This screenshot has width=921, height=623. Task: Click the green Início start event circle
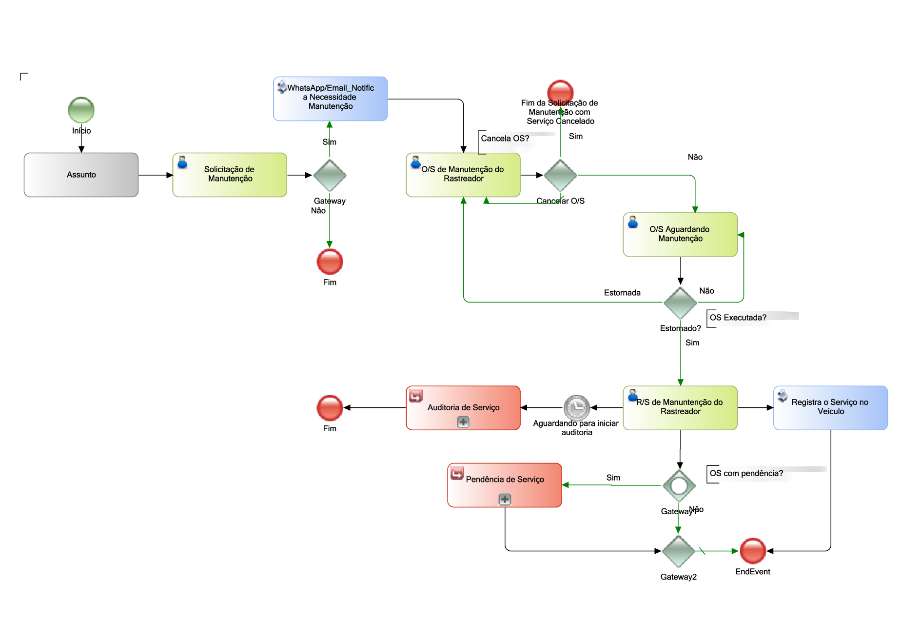[81, 110]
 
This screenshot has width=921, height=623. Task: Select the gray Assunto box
[81, 175]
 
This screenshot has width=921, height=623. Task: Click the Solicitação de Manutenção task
[230, 175]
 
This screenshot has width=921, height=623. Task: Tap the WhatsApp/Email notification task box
[331, 99]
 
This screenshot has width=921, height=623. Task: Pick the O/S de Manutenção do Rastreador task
[463, 175]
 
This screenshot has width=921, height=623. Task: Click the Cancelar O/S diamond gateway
[560, 175]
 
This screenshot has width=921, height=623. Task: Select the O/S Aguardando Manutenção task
[680, 235]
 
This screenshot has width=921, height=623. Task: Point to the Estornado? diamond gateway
[680, 303]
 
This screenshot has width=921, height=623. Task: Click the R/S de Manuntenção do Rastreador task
[680, 408]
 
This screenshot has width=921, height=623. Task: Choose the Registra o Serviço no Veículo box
[831, 408]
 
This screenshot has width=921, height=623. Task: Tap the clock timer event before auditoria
[577, 407]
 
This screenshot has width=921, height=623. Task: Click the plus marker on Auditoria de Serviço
[463, 422]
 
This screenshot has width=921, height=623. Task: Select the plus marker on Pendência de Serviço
[505, 499]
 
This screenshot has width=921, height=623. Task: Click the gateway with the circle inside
[679, 485]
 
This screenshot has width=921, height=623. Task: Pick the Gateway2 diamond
[679, 551]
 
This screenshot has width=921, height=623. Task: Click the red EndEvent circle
[753, 551]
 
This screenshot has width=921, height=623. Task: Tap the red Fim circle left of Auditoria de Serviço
[330, 408]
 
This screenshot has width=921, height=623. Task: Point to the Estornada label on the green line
[622, 293]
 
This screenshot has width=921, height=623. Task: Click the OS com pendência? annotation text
[746, 473]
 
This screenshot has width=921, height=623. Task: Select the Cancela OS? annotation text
[505, 139]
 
